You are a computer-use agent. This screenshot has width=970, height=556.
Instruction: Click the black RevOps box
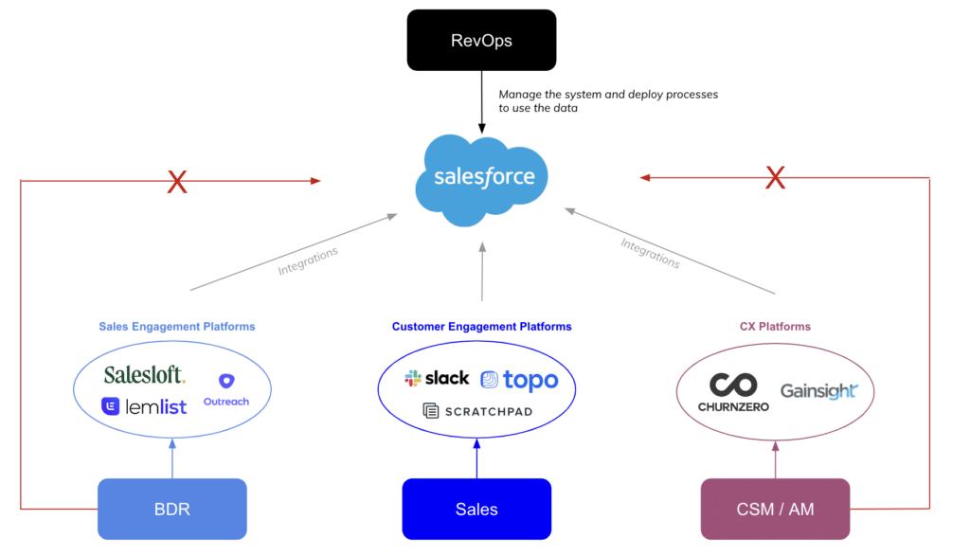point(481,40)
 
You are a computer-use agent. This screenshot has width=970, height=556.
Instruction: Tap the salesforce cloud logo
point(482,180)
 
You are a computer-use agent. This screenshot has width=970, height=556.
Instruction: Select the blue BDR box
point(172,509)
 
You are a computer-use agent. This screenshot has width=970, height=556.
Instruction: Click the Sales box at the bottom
point(476,509)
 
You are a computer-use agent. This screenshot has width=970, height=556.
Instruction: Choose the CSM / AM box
point(775,509)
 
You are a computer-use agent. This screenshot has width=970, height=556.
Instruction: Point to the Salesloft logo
point(144,375)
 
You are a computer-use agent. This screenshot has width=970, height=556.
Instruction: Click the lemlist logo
point(144,406)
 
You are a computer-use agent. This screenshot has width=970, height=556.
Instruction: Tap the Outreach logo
point(226,389)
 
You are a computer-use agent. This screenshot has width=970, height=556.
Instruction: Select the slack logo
point(437,378)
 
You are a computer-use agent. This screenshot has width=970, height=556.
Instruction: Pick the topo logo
point(520,380)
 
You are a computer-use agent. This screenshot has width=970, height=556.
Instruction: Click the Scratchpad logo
point(477,411)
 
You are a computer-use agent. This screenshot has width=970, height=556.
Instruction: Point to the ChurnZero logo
point(734,392)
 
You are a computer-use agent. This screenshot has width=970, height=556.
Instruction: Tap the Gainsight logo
point(819,391)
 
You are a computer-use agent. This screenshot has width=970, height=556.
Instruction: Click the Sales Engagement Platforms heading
point(177,327)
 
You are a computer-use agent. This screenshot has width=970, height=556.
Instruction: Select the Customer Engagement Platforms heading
point(482,327)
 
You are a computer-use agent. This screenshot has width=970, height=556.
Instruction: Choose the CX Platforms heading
point(775,327)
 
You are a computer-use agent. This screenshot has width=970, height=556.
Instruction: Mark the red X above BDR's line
point(177,182)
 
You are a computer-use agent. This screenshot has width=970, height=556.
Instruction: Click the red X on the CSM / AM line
point(775,177)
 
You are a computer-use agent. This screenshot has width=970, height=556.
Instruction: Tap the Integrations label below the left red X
point(308,260)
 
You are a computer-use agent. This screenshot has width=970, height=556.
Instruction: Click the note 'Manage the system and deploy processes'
point(608,95)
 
